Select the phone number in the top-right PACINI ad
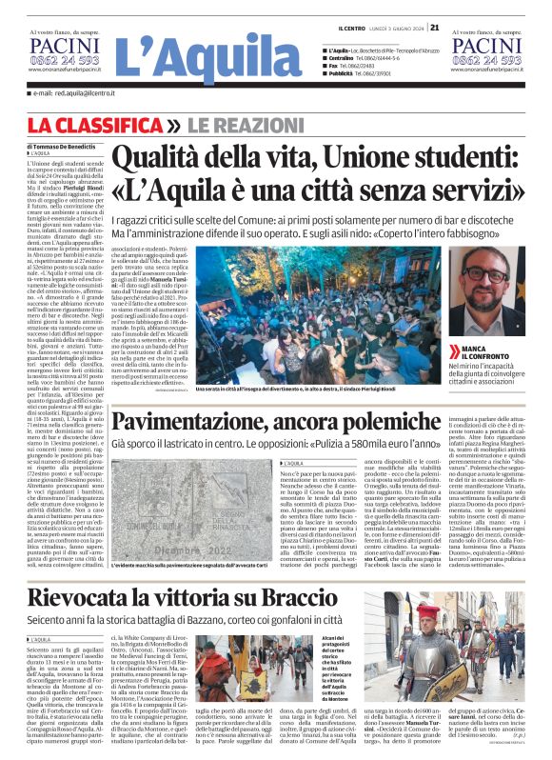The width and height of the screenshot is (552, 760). pyautogui.click(x=487, y=59)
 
